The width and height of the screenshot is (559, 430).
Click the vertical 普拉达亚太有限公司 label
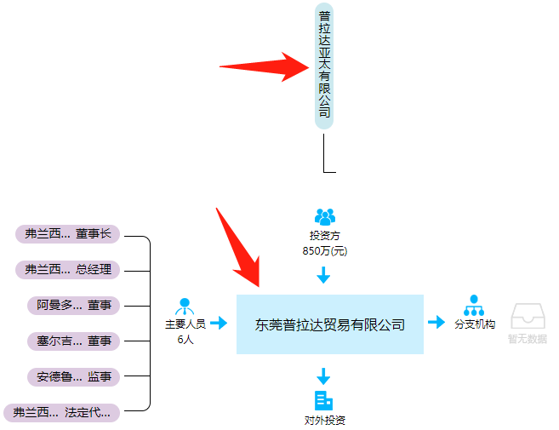[x=324, y=66]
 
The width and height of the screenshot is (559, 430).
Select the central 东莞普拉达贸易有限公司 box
[x=329, y=324]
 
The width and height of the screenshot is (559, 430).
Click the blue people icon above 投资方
[x=324, y=217]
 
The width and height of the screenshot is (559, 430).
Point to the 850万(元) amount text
[x=324, y=251]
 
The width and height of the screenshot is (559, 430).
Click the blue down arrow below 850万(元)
[x=323, y=275]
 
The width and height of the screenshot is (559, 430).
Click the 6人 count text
[x=185, y=339]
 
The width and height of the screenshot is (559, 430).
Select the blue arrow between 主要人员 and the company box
[x=219, y=323]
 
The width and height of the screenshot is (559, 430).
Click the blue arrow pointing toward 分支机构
[x=436, y=322]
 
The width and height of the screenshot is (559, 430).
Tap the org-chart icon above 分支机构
[x=474, y=305]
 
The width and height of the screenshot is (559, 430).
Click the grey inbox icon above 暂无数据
[x=527, y=316]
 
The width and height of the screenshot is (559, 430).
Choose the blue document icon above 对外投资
[x=323, y=400]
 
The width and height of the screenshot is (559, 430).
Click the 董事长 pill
[x=69, y=234]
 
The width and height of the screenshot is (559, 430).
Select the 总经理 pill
[x=69, y=270]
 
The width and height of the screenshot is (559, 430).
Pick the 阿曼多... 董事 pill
[x=74, y=305]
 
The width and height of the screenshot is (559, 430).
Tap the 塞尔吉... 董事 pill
[x=74, y=341]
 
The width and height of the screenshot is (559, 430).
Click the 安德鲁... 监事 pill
[x=74, y=376]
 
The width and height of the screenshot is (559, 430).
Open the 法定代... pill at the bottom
[x=62, y=412]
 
